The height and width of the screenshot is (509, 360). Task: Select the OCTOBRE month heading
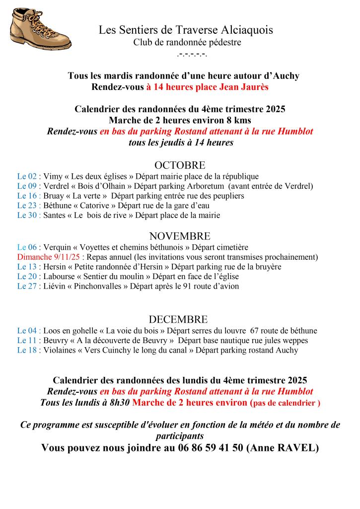180,165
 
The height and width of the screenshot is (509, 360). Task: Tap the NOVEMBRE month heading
180,236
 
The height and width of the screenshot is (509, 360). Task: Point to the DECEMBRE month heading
178,320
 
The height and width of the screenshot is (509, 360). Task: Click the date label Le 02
27,176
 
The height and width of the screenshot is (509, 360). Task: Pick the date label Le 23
27,206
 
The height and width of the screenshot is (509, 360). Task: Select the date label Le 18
27,351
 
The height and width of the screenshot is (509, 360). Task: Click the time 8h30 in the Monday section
119,403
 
